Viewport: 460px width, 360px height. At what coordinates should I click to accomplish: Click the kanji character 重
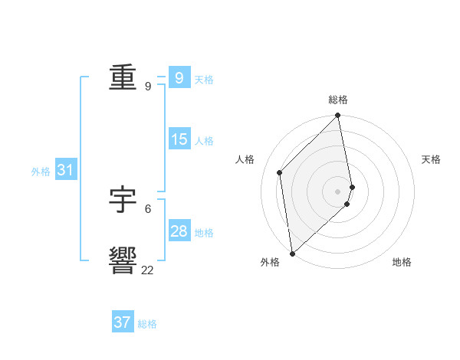tap(123, 79)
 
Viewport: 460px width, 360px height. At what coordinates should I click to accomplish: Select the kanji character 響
tap(123, 260)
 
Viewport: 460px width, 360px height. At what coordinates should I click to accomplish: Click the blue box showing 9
tap(179, 78)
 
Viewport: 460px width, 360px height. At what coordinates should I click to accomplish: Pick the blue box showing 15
tap(179, 139)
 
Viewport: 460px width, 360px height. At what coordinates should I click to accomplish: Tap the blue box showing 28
tap(179, 231)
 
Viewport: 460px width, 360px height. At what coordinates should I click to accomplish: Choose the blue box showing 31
tap(65, 170)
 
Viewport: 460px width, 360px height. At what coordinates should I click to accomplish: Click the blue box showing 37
tap(123, 322)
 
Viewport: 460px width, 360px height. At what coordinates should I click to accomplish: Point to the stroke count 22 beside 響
tap(147, 270)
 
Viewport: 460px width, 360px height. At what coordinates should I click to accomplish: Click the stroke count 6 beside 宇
tap(147, 208)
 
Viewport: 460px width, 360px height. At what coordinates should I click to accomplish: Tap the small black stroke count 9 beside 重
tap(147, 87)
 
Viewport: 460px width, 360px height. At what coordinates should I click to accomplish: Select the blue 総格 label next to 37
tap(147, 324)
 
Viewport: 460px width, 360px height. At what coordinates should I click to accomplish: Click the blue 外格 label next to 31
tap(41, 172)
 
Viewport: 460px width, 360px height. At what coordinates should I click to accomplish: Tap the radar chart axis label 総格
tap(338, 100)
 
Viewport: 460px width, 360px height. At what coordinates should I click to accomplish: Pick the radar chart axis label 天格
tap(432, 159)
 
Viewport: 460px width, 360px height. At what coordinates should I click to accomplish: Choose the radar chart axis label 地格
tap(402, 262)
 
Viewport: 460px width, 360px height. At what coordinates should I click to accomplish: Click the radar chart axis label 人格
tap(245, 159)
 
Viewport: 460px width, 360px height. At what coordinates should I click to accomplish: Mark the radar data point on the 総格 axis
tap(338, 116)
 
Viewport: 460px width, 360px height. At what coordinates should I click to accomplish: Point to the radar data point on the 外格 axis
tap(292, 254)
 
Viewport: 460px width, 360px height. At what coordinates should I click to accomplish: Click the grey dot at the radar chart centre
tap(337, 191)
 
